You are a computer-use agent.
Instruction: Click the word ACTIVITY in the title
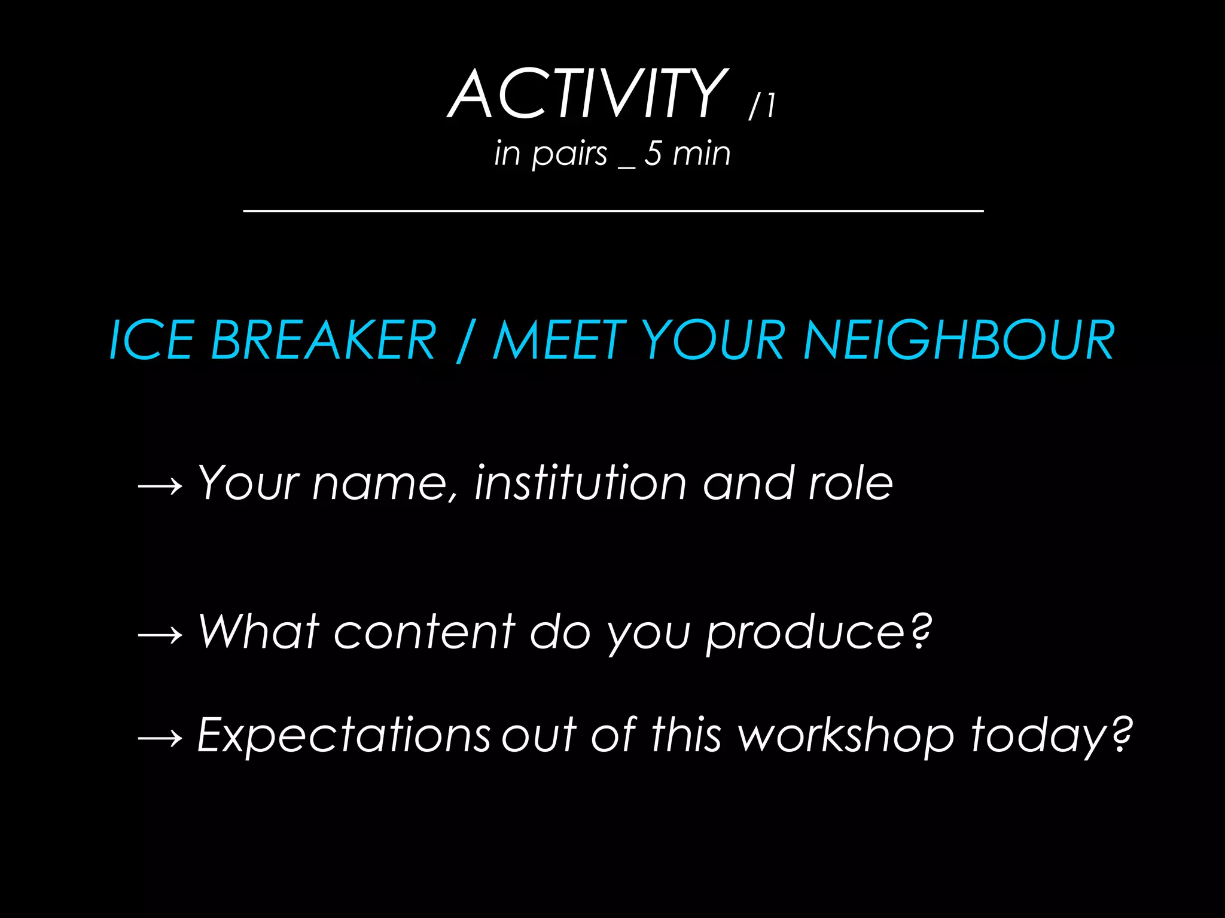[587, 94]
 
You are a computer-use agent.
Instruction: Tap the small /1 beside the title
[763, 106]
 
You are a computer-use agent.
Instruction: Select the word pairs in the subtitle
[569, 154]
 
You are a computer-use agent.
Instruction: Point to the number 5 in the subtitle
[653, 153]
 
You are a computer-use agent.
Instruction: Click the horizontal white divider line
[613, 210]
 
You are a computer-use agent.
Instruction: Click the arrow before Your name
[160, 486]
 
